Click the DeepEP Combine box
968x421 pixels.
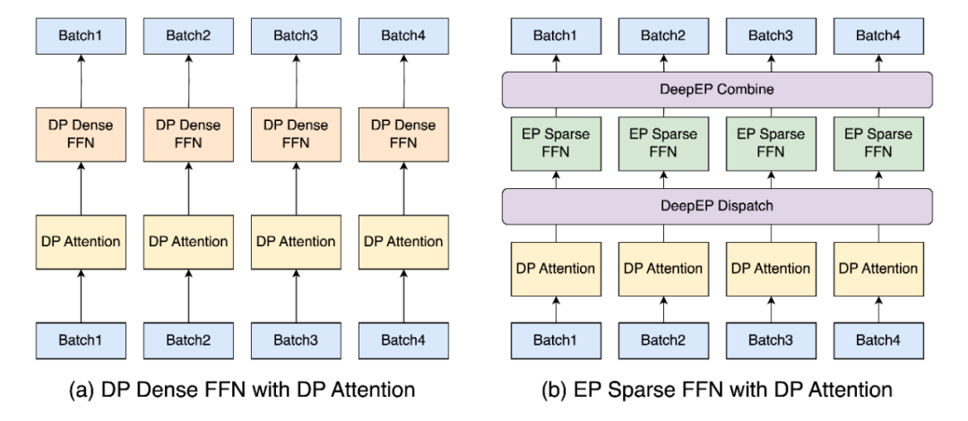point(717,90)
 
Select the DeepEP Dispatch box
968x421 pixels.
point(717,206)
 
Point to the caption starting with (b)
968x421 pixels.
point(717,391)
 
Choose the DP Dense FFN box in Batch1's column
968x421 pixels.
point(81,135)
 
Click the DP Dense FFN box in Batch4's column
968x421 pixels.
point(403,135)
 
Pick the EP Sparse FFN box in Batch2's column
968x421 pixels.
point(663,144)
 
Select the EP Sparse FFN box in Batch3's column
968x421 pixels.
point(771,144)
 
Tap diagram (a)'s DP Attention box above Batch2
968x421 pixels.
point(188,242)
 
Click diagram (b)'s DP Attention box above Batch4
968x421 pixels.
point(878,269)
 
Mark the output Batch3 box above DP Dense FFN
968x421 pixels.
point(296,36)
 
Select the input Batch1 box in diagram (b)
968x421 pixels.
point(556,340)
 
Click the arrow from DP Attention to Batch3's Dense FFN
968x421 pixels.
point(296,189)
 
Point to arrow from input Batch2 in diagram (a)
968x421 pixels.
point(188,296)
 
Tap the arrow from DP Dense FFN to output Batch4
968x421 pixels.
point(403,81)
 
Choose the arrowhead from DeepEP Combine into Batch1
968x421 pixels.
point(556,58)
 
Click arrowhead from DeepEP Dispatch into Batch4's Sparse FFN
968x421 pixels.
point(878,176)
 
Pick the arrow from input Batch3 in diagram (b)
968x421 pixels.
point(771,309)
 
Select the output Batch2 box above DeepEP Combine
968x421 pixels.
point(663,36)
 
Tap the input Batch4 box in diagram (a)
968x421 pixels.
point(403,340)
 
